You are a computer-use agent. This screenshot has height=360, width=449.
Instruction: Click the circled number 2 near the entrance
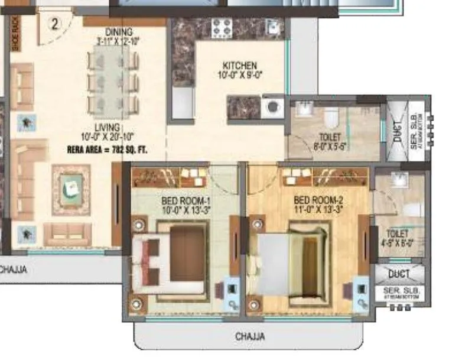[x=55, y=24]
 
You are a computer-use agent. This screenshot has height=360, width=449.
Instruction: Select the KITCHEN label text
[x=239, y=66]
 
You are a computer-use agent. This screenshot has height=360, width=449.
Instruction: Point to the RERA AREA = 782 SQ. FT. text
[x=107, y=151]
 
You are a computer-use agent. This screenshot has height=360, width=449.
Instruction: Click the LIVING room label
[x=107, y=127]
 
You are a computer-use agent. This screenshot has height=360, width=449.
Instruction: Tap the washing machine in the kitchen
[x=272, y=108]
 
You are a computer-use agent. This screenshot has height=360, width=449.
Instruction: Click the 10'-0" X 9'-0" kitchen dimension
[x=239, y=75]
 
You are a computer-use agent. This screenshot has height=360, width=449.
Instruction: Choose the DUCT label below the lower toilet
[x=399, y=274]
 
